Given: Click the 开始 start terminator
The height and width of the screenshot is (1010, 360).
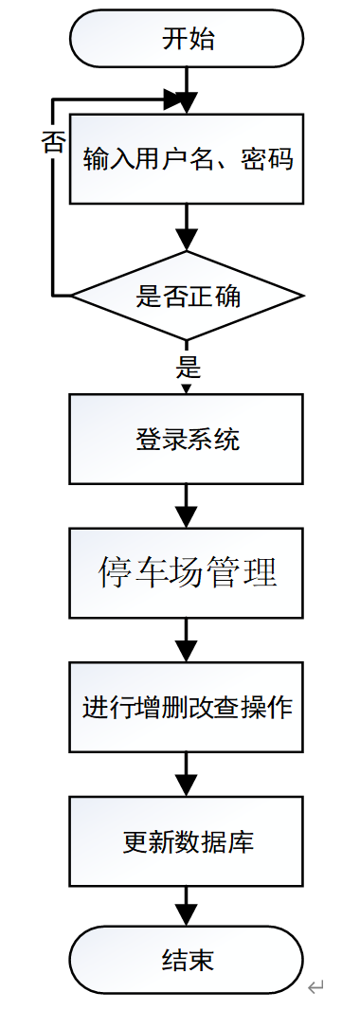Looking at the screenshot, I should click(x=187, y=39).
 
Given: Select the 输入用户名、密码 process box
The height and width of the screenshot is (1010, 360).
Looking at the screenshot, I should click(x=187, y=158).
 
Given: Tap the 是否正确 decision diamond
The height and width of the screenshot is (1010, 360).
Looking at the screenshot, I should click(x=187, y=297).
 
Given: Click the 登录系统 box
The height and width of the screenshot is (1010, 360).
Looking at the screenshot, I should click(x=187, y=440).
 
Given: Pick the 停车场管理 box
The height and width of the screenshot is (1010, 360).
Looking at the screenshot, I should click(x=187, y=573).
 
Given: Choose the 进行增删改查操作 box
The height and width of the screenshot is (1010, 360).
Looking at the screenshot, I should click(x=187, y=707).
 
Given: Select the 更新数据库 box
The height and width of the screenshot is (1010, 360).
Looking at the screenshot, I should click(x=187, y=840).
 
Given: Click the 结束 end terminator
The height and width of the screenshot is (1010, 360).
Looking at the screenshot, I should click(x=187, y=959).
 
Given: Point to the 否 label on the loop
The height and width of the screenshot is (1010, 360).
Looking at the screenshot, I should click(x=53, y=141).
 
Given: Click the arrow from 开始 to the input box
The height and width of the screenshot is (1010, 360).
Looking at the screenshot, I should click(x=187, y=91).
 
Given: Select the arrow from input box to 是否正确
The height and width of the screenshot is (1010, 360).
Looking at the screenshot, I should click(x=187, y=227).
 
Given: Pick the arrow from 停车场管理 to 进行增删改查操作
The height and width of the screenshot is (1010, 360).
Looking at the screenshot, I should click(x=187, y=640).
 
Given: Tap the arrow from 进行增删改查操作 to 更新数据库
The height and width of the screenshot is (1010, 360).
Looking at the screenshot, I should click(x=187, y=773).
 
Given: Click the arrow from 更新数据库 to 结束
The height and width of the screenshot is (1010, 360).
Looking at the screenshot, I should click(x=187, y=905).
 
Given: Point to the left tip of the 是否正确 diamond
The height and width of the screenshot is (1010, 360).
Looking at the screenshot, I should click(x=74, y=297).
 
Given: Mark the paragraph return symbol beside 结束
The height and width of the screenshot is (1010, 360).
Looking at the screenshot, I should click(x=316, y=987).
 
